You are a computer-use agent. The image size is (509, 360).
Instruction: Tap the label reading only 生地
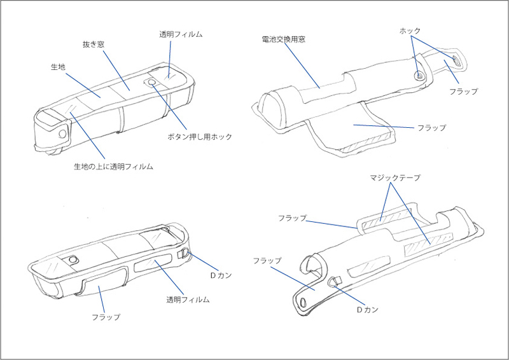59,66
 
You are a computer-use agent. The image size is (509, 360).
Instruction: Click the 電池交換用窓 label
284,39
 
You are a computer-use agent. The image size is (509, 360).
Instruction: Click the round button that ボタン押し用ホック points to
151,83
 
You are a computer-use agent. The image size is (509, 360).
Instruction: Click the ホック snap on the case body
419,76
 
